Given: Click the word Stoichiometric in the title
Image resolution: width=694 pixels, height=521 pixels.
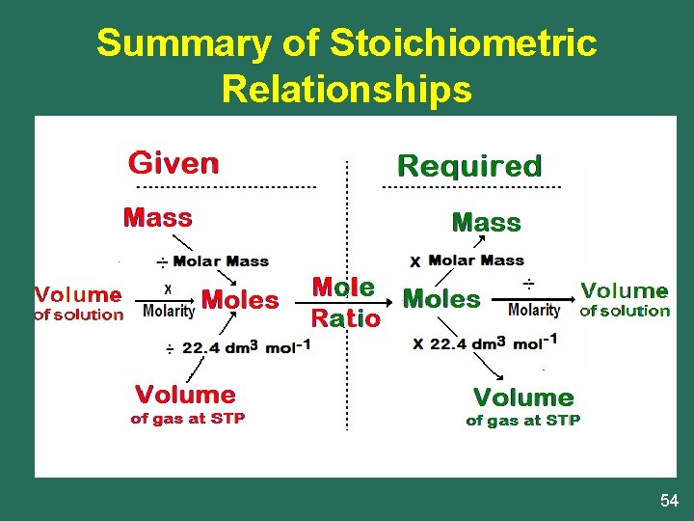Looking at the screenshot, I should pyautogui.click(x=463, y=43).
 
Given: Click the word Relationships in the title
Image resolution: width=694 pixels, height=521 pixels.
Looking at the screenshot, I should pyautogui.click(x=346, y=89).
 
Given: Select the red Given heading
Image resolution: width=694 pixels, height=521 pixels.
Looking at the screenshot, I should pyautogui.click(x=173, y=162).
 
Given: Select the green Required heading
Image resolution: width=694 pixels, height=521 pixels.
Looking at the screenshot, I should pyautogui.click(x=469, y=166).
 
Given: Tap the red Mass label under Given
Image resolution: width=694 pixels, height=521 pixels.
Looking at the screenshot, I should pyautogui.click(x=157, y=218).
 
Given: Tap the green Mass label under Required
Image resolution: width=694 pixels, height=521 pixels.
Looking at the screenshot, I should pyautogui.click(x=487, y=223).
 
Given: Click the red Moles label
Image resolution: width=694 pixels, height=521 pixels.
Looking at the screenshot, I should pyautogui.click(x=240, y=300).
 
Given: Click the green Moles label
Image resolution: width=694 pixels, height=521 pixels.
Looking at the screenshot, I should pyautogui.click(x=441, y=299).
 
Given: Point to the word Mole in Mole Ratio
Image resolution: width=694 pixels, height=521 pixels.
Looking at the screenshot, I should pyautogui.click(x=343, y=287).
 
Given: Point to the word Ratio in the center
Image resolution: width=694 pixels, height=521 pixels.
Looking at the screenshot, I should pyautogui.click(x=345, y=317).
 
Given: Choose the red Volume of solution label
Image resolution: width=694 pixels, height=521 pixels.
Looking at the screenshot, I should pyautogui.click(x=79, y=302).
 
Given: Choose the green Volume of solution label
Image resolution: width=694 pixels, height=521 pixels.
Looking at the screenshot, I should pyautogui.click(x=625, y=299).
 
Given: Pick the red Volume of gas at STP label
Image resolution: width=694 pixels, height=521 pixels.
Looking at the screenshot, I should pyautogui.click(x=187, y=404).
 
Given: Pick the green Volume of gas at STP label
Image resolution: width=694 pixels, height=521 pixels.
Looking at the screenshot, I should pyautogui.click(x=523, y=406).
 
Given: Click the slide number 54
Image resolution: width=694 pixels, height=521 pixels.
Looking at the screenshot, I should pyautogui.click(x=669, y=500).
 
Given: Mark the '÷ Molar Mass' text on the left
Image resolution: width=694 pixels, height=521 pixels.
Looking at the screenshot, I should pyautogui.click(x=213, y=261).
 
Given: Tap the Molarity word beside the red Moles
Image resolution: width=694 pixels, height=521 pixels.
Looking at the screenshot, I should pyautogui.click(x=169, y=311).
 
